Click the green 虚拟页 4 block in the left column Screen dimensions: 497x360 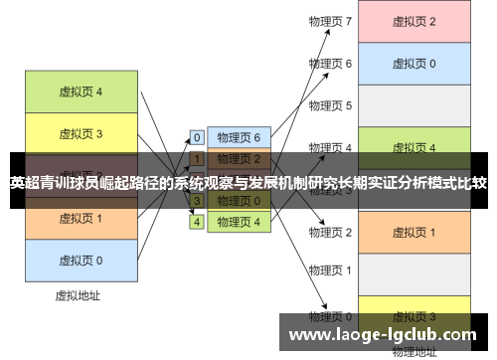tap(81, 92)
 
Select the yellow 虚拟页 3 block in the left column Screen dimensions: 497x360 tap(81, 134)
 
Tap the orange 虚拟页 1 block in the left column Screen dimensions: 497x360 tap(81, 218)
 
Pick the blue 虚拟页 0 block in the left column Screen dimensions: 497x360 tap(81, 260)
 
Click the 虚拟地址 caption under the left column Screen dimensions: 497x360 tap(79, 295)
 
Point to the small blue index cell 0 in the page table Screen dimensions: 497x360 tap(197, 137)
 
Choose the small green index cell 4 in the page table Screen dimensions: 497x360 tap(197, 222)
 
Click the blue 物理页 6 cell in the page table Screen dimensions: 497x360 tap(239, 137)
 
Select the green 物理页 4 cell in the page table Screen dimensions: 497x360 tap(239, 222)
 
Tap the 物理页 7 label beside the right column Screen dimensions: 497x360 tap(330, 21)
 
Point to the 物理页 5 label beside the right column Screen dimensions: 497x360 tap(330, 105)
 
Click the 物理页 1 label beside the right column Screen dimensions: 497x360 tap(330, 270)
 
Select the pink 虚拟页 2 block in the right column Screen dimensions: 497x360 tap(414, 21)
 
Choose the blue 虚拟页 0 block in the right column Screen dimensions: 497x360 tap(414, 64)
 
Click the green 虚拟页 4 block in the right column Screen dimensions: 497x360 tap(414, 148)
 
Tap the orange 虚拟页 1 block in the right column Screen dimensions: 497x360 tap(414, 232)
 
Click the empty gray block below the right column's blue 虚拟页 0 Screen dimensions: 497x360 tap(414, 105)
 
